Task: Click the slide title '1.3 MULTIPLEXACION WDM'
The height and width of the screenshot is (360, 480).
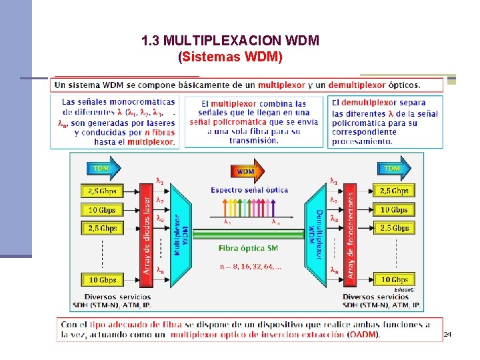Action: coord(231,41)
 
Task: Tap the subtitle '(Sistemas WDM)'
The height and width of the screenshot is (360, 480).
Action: coord(231,57)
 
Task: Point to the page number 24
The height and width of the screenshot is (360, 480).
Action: coord(447,333)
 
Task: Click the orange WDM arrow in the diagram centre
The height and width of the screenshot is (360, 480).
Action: coord(244,171)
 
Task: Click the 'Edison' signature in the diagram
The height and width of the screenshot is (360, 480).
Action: coord(403,289)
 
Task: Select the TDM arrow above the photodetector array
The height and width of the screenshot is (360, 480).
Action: coord(393,167)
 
